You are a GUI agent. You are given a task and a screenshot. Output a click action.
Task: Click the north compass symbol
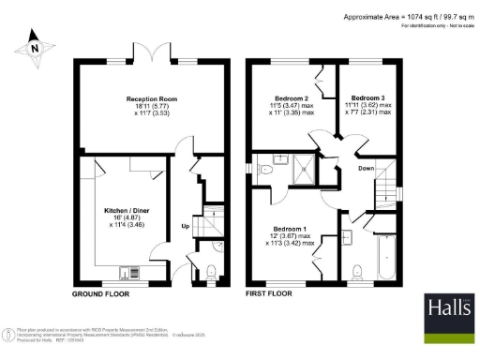pyautogui.click(x=35, y=45)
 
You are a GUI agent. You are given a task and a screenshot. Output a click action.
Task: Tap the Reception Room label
pyautogui.click(x=152, y=97)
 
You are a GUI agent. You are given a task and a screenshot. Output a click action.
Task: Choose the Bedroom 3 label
pyautogui.click(x=367, y=97)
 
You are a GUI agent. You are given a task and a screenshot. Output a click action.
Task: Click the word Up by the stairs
pyautogui.click(x=185, y=227)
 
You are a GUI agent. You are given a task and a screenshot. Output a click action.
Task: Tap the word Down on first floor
pyautogui.click(x=367, y=169)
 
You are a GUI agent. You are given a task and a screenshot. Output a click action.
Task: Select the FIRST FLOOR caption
pyautogui.click(x=270, y=293)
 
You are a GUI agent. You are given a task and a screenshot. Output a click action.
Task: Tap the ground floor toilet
pyautogui.click(x=211, y=273)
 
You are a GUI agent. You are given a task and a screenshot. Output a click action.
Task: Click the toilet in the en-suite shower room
pyautogui.click(x=265, y=171)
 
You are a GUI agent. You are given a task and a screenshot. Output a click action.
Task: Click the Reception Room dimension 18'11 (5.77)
pyautogui.click(x=152, y=108)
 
